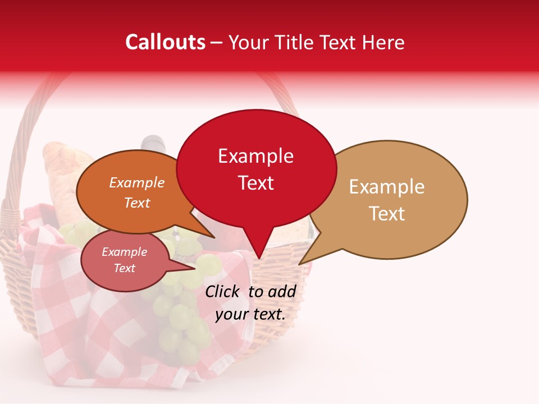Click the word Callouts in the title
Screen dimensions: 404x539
165,42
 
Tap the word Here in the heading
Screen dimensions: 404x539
383,42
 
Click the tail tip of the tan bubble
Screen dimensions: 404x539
300,263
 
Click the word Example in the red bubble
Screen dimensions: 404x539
255,156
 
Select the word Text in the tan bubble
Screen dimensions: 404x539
387,214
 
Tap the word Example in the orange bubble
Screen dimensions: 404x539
136,183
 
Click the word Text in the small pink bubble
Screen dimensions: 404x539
125,268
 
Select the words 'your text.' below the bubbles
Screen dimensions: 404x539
250,314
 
